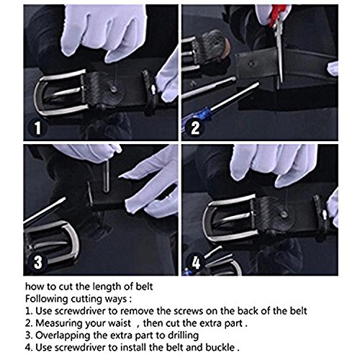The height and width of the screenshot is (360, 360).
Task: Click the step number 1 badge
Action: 37,127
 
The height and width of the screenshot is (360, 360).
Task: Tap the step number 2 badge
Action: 195,127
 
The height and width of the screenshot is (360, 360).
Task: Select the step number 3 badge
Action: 37,261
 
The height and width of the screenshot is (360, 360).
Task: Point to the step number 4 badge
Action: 196,262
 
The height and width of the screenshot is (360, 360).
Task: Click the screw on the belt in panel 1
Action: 113,89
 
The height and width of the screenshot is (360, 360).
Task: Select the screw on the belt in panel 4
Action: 284,214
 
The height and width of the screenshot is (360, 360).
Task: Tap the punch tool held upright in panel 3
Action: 107,176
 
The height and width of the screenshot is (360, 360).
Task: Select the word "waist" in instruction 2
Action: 119,323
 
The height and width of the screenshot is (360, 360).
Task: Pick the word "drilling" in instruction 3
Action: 183,336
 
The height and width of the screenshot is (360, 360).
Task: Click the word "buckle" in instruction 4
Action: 220,348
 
